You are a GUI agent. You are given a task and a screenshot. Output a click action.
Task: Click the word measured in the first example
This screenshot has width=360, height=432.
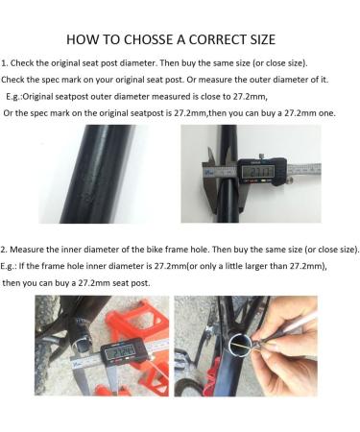click(183, 98)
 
